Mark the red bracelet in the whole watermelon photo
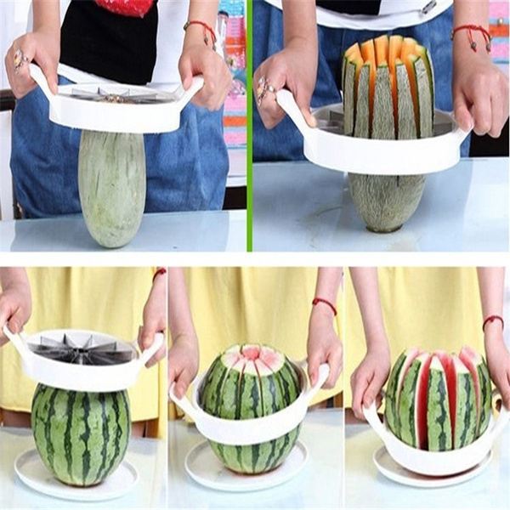(x=159, y=273)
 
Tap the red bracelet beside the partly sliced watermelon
(x=324, y=303)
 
